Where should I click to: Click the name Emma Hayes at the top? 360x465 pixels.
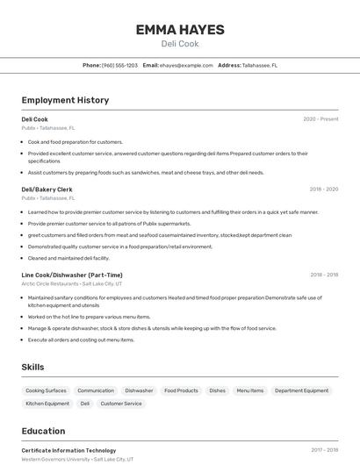(x=180, y=30)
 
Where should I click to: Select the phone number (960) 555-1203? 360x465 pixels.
(x=119, y=65)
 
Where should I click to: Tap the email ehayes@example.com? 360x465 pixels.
(x=186, y=65)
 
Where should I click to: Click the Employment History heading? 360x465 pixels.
(x=65, y=100)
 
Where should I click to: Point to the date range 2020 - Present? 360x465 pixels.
(x=320, y=119)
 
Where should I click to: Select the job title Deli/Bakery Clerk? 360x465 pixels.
(x=47, y=190)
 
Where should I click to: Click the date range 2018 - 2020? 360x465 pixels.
(x=323, y=190)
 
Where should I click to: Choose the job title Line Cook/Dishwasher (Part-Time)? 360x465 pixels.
(x=72, y=275)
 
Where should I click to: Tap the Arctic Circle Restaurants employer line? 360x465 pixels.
(x=72, y=283)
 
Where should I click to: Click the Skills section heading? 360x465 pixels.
(x=33, y=367)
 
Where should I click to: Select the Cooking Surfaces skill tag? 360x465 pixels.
(x=46, y=390)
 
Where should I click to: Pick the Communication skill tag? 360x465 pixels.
(x=96, y=390)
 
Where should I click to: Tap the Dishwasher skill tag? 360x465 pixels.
(x=139, y=390)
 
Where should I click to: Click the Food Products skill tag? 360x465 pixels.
(x=181, y=390)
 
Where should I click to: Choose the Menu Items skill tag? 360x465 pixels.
(x=249, y=390)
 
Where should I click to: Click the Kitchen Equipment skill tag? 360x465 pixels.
(x=47, y=404)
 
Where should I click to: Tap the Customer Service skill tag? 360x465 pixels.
(x=121, y=404)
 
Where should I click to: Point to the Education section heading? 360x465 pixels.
(x=44, y=431)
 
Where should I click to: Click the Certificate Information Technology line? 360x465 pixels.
(x=68, y=450)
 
